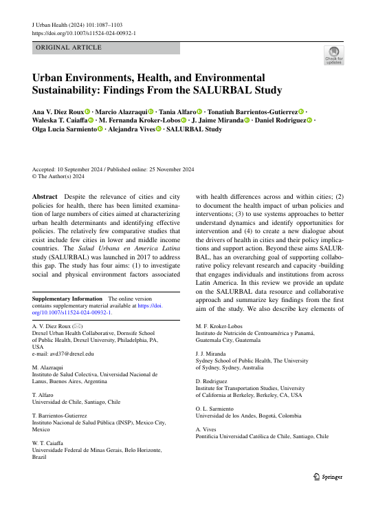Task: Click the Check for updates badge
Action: click(x=333, y=55)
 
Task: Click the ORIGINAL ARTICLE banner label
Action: click(x=69, y=48)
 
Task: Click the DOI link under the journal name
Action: click(x=84, y=32)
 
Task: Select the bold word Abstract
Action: click(x=45, y=177)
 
